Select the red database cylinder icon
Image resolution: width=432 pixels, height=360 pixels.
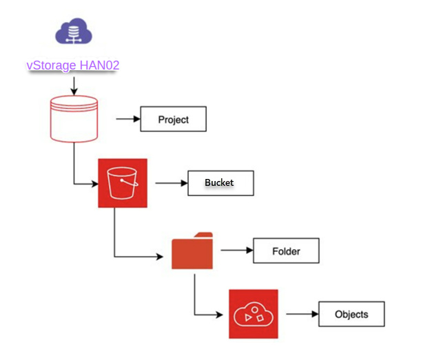tap(74, 119)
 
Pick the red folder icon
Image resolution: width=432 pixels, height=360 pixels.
tap(193, 251)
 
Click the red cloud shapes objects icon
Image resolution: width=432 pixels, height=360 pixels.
tap(253, 314)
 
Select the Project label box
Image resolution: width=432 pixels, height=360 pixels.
tap(174, 119)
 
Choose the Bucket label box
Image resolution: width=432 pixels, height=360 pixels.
tap(220, 183)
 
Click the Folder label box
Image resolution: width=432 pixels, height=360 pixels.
tap(287, 251)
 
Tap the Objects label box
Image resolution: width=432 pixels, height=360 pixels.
tap(351, 314)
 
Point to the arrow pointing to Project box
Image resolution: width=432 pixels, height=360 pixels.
tap(127, 119)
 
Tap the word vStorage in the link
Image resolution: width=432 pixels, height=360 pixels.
tap(50, 65)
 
